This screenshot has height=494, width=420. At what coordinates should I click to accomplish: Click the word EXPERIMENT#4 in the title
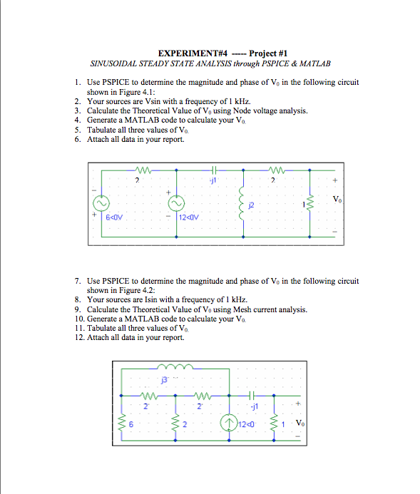[193, 53]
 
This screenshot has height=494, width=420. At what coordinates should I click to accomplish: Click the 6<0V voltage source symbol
[101, 204]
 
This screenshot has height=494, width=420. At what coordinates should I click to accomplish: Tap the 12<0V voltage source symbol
[176, 204]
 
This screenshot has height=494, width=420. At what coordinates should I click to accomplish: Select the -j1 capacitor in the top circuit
[214, 170]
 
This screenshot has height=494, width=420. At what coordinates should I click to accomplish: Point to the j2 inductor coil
[242, 203]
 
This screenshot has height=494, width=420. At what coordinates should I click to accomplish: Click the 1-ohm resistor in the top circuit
[309, 204]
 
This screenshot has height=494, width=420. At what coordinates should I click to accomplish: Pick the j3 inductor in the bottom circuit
[175, 366]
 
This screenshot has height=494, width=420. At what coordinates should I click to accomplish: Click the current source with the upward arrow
[229, 423]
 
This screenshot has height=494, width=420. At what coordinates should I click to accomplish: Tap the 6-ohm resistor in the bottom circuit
[122, 423]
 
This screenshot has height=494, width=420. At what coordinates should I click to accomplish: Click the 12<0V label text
[189, 217]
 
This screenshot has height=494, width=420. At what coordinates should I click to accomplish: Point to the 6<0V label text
[114, 217]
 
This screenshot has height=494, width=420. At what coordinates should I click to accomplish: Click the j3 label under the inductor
[164, 380]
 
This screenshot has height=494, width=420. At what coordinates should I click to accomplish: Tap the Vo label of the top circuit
[337, 199]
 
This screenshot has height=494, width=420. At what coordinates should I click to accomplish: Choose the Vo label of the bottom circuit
[300, 423]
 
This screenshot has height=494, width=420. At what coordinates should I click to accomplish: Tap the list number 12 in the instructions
[78, 337]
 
